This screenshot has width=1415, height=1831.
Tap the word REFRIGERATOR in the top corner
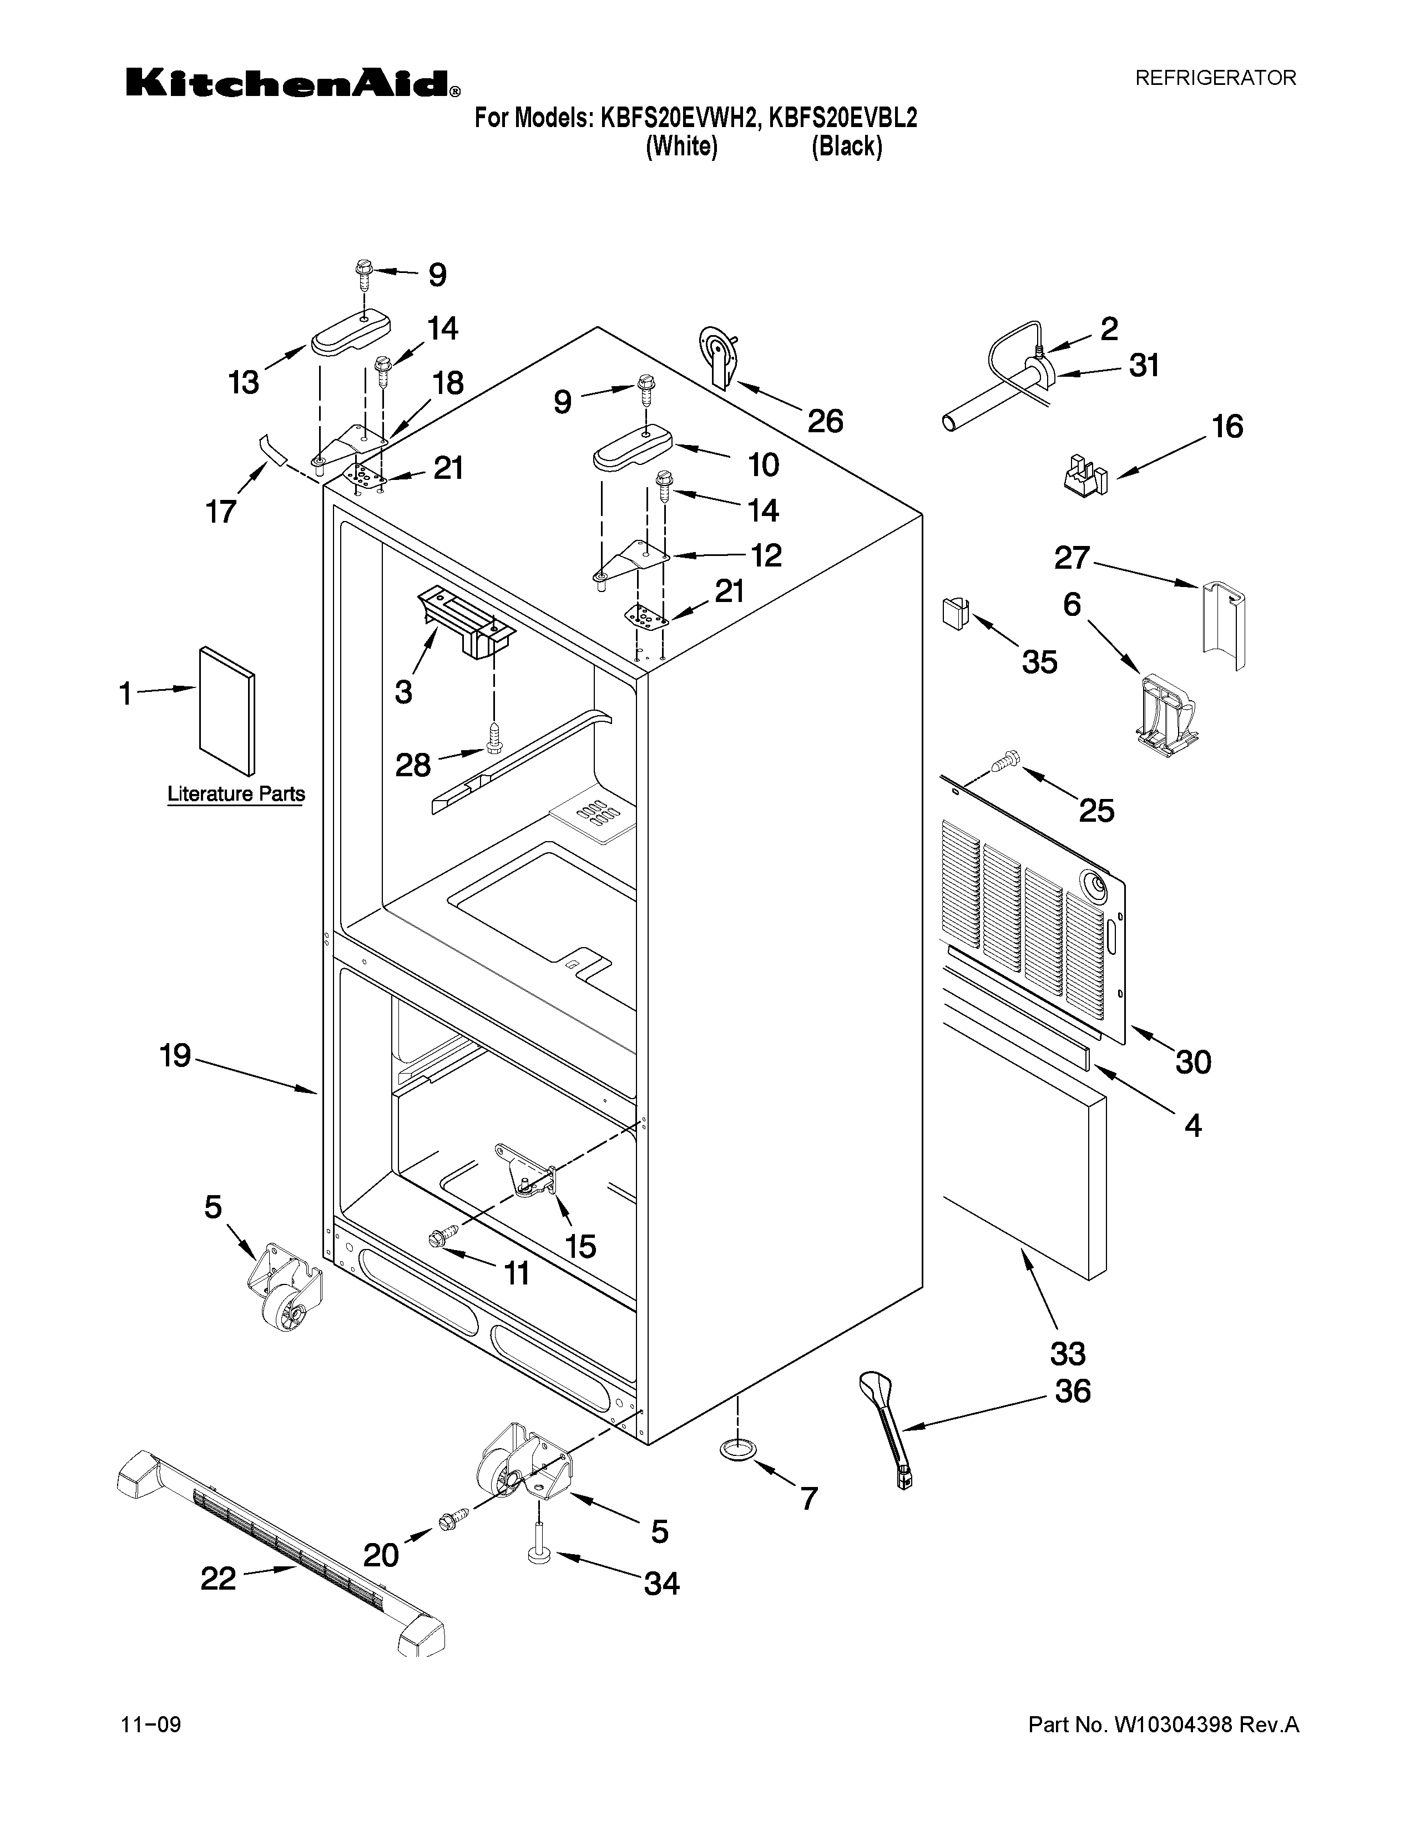tap(1215, 78)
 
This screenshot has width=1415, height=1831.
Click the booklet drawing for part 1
tap(227, 710)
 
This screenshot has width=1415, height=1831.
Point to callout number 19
tap(175, 1055)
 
